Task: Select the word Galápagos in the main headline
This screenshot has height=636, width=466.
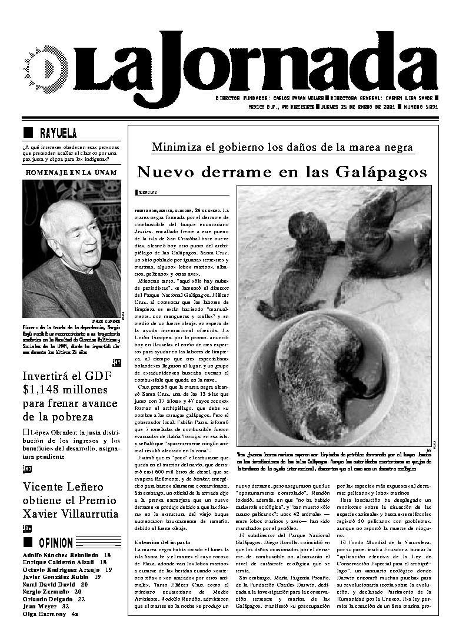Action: [x=381, y=172]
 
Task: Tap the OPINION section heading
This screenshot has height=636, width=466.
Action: [x=56, y=542]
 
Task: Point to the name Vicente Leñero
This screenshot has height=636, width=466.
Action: [x=54, y=487]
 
